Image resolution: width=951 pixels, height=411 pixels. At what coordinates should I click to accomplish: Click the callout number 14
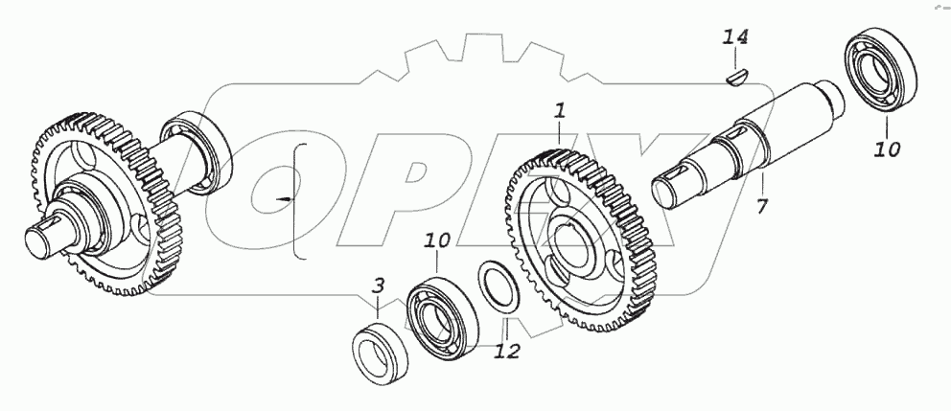click(735, 38)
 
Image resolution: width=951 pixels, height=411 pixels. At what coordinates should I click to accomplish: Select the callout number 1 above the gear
click(560, 111)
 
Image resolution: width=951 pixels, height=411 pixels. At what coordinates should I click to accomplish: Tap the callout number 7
click(761, 206)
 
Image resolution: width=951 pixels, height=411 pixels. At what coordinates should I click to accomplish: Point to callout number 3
click(379, 285)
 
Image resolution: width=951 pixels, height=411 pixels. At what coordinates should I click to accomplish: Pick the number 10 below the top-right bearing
click(887, 148)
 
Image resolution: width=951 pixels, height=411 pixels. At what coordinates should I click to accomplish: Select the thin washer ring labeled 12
click(500, 285)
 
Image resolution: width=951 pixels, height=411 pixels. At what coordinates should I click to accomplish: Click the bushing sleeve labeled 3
click(377, 352)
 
